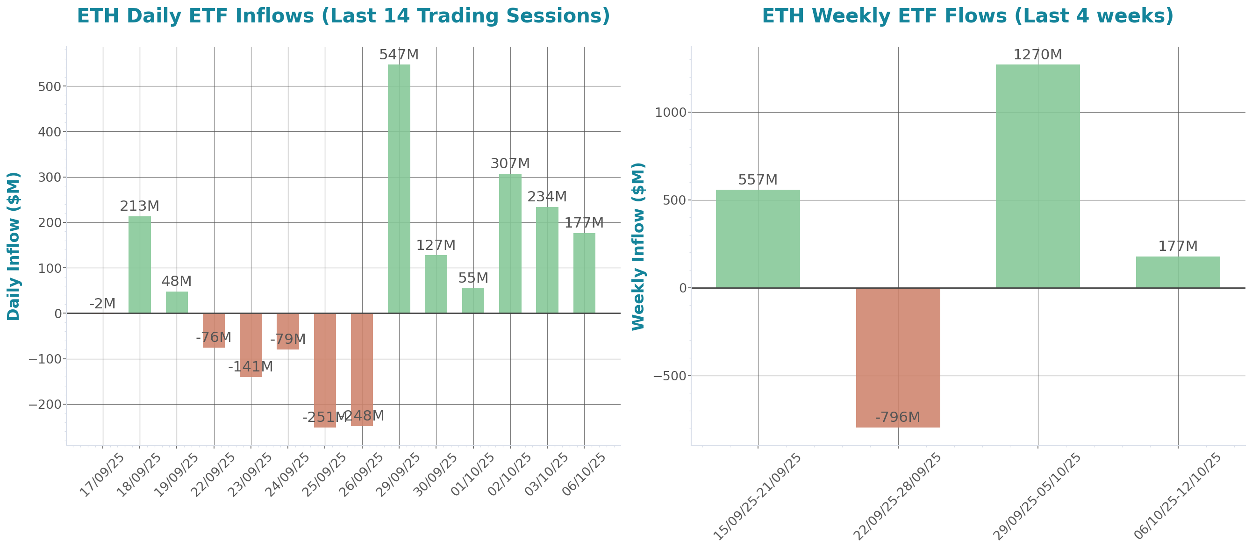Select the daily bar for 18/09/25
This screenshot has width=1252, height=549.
tap(139, 264)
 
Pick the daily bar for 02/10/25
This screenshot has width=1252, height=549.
tap(510, 243)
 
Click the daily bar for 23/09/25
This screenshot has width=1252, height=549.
tap(251, 345)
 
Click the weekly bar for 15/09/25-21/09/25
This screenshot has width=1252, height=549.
tap(758, 239)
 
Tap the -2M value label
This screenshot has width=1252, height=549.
tap(102, 304)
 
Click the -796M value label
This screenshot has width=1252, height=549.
tap(898, 417)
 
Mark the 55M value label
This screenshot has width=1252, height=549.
tap(473, 278)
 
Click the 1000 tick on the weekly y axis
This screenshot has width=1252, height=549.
tap(671, 112)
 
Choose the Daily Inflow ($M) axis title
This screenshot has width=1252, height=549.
tap(14, 246)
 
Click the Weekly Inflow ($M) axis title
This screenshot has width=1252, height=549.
tap(637, 246)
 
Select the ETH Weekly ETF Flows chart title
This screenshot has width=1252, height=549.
tap(967, 15)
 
